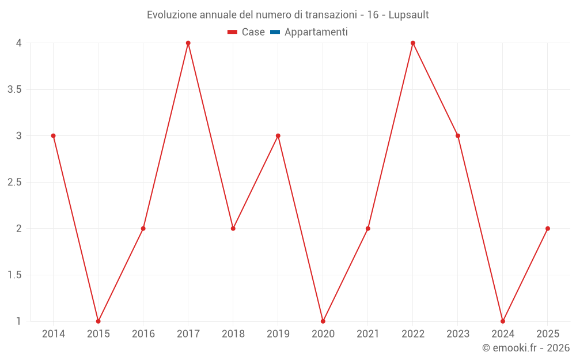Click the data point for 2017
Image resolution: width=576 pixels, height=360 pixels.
click(188, 43)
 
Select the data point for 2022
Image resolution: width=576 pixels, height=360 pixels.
click(413, 43)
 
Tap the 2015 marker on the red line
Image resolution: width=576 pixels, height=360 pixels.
click(98, 321)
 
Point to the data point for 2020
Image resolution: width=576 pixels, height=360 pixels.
click(323, 321)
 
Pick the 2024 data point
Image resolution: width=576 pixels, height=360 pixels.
click(502, 321)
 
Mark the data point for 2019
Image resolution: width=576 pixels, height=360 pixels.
click(278, 136)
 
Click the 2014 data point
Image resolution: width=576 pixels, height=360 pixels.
click(53, 136)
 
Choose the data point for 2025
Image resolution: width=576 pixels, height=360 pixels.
click(548, 229)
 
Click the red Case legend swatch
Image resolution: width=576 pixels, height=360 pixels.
click(232, 32)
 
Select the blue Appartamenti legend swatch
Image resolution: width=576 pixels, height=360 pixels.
click(275, 32)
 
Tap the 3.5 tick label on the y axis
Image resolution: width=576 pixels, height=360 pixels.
click(14, 90)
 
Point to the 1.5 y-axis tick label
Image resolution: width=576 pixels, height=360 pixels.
click(14, 275)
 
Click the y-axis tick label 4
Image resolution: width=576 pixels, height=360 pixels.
click(18, 43)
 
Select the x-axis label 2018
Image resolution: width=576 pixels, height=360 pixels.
click(233, 334)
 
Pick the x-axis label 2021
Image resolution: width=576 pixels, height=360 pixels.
click(368, 334)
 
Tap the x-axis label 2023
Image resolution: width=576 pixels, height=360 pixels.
click(458, 334)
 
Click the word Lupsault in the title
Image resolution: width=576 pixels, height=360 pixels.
click(408, 15)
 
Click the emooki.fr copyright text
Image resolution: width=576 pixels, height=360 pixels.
click(526, 347)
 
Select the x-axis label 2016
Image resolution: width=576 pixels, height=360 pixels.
click(143, 334)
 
